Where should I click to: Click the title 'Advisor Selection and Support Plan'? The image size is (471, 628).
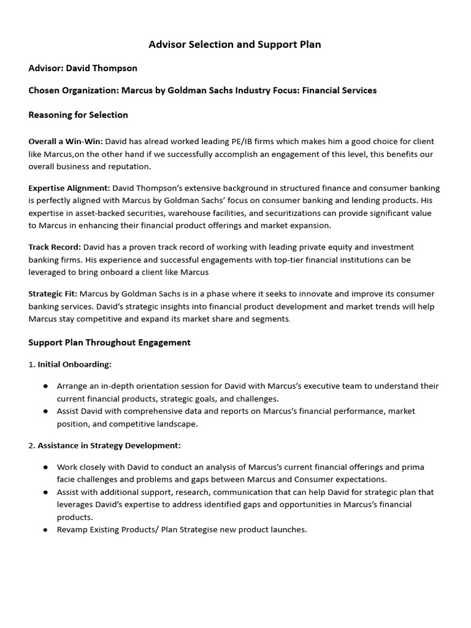click(x=235, y=45)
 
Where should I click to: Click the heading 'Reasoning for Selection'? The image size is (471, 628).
click(x=78, y=115)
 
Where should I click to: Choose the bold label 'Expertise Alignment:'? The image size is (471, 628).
click(x=69, y=188)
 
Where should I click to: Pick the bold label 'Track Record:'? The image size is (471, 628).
click(x=55, y=247)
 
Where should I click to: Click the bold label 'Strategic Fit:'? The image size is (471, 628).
click(x=53, y=294)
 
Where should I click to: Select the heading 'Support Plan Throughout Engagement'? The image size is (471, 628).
click(x=109, y=342)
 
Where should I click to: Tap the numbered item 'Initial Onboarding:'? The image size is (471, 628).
click(x=74, y=364)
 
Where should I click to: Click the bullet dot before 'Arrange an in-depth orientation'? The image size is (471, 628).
click(x=46, y=386)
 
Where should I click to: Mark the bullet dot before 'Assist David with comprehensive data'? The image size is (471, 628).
click(x=46, y=412)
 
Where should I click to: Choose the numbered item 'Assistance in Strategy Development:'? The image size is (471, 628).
click(x=109, y=445)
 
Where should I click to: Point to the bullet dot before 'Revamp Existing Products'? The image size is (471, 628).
click(x=46, y=529)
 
